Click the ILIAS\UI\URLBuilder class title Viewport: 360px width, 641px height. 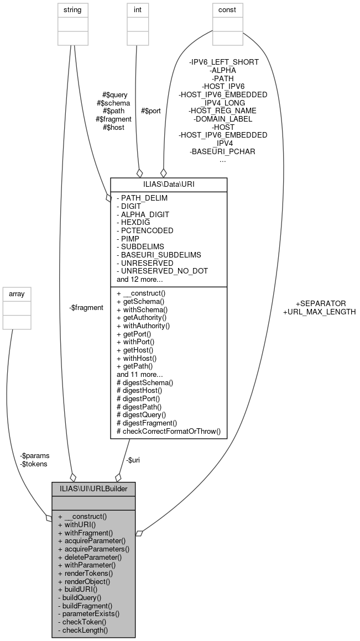(x=93, y=489)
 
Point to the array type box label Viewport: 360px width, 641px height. (x=18, y=293)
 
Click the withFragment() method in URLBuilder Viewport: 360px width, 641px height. (x=85, y=533)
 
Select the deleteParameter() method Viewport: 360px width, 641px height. (x=90, y=558)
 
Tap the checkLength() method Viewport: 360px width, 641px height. (x=85, y=630)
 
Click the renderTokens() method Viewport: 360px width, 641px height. (x=86, y=574)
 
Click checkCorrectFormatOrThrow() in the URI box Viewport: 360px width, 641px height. (x=169, y=431)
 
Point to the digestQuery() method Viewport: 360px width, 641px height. (x=141, y=414)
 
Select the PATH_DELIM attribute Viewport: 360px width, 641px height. (x=142, y=198)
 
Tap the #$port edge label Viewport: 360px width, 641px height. (x=151, y=111)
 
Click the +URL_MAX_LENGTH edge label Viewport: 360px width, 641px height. (x=319, y=312)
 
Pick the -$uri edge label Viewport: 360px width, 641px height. (x=133, y=460)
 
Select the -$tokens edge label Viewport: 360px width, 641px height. (x=33, y=464)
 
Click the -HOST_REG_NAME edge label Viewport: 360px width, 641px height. (x=223, y=111)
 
